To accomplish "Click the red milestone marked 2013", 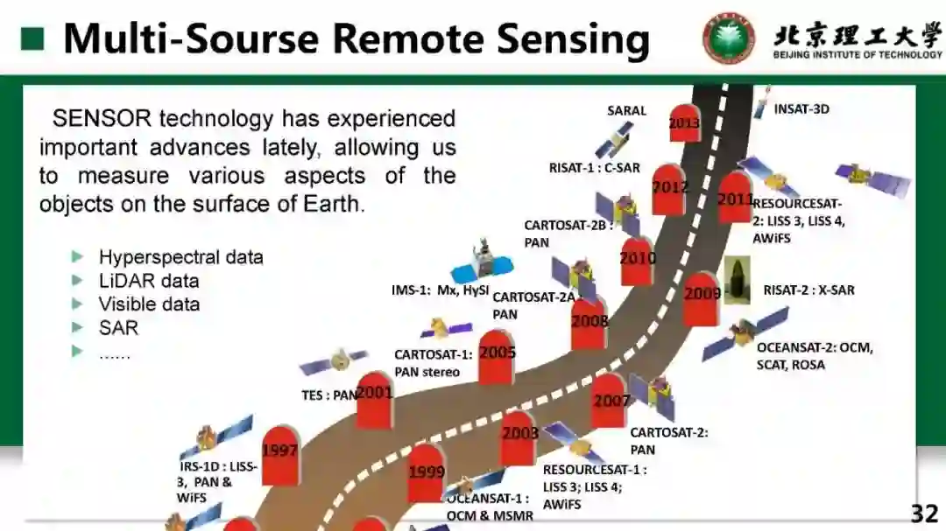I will (684, 123).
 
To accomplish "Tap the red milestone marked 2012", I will (669, 189).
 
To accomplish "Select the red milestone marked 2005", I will (497, 357).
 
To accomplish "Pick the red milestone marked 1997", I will (280, 455).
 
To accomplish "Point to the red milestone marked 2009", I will (702, 297).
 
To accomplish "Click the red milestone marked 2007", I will (610, 402).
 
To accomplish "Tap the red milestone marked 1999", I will (427, 474).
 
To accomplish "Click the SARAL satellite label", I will (626, 111).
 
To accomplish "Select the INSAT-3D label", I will (801, 109).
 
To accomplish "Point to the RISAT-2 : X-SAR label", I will (808, 290).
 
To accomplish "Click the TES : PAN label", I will (329, 395).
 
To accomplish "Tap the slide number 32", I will (924, 514).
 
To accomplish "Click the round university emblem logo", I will (728, 38).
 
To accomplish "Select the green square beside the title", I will (32, 38).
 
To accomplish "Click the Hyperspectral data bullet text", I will (180, 257).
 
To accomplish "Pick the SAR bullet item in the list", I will (118, 328).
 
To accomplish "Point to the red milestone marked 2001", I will (374, 399).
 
